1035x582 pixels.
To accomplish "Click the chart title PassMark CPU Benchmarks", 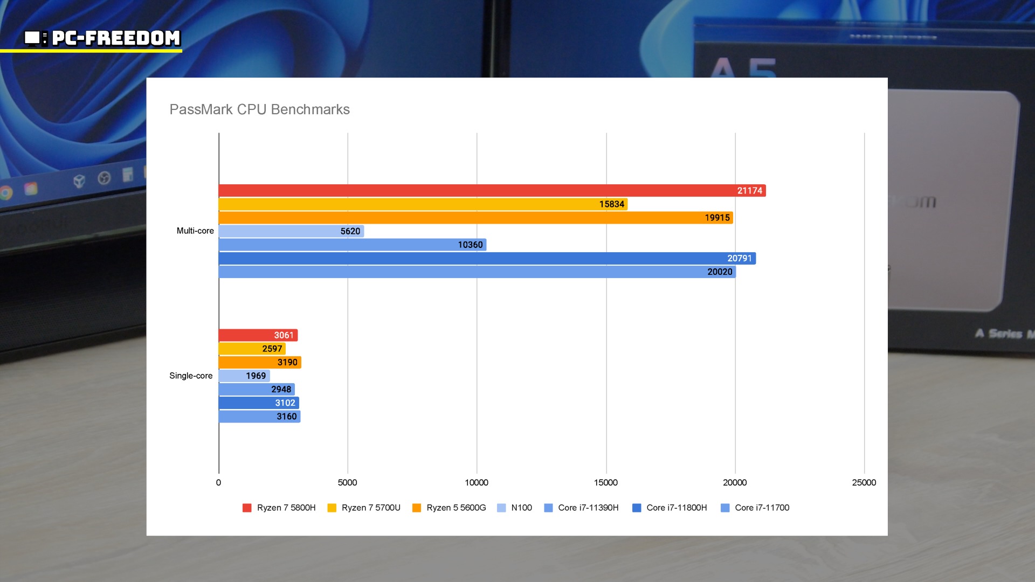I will click(x=259, y=109).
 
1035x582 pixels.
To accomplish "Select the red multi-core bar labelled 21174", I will click(x=492, y=191).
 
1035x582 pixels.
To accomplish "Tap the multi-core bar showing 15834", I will click(x=423, y=204).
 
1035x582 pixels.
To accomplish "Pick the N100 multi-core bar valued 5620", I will click(x=291, y=231).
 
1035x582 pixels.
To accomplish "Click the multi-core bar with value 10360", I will click(x=352, y=245).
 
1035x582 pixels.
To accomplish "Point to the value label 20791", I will click(x=739, y=259).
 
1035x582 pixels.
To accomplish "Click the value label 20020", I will click(x=720, y=272).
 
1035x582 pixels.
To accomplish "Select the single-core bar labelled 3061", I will click(x=258, y=335).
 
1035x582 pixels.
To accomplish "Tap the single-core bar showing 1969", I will click(x=244, y=376).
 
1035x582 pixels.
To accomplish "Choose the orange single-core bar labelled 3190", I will click(x=259, y=362).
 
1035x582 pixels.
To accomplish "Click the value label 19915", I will click(x=717, y=218).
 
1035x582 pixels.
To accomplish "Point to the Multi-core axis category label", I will click(x=195, y=231).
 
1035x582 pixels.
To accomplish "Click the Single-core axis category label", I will click(x=191, y=376).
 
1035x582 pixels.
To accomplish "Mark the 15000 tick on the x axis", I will click(x=605, y=482).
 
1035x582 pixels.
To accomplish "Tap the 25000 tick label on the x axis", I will click(x=864, y=482).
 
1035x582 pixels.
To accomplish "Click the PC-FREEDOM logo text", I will click(x=115, y=38).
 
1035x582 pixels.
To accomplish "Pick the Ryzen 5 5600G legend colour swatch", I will click(x=417, y=508).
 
